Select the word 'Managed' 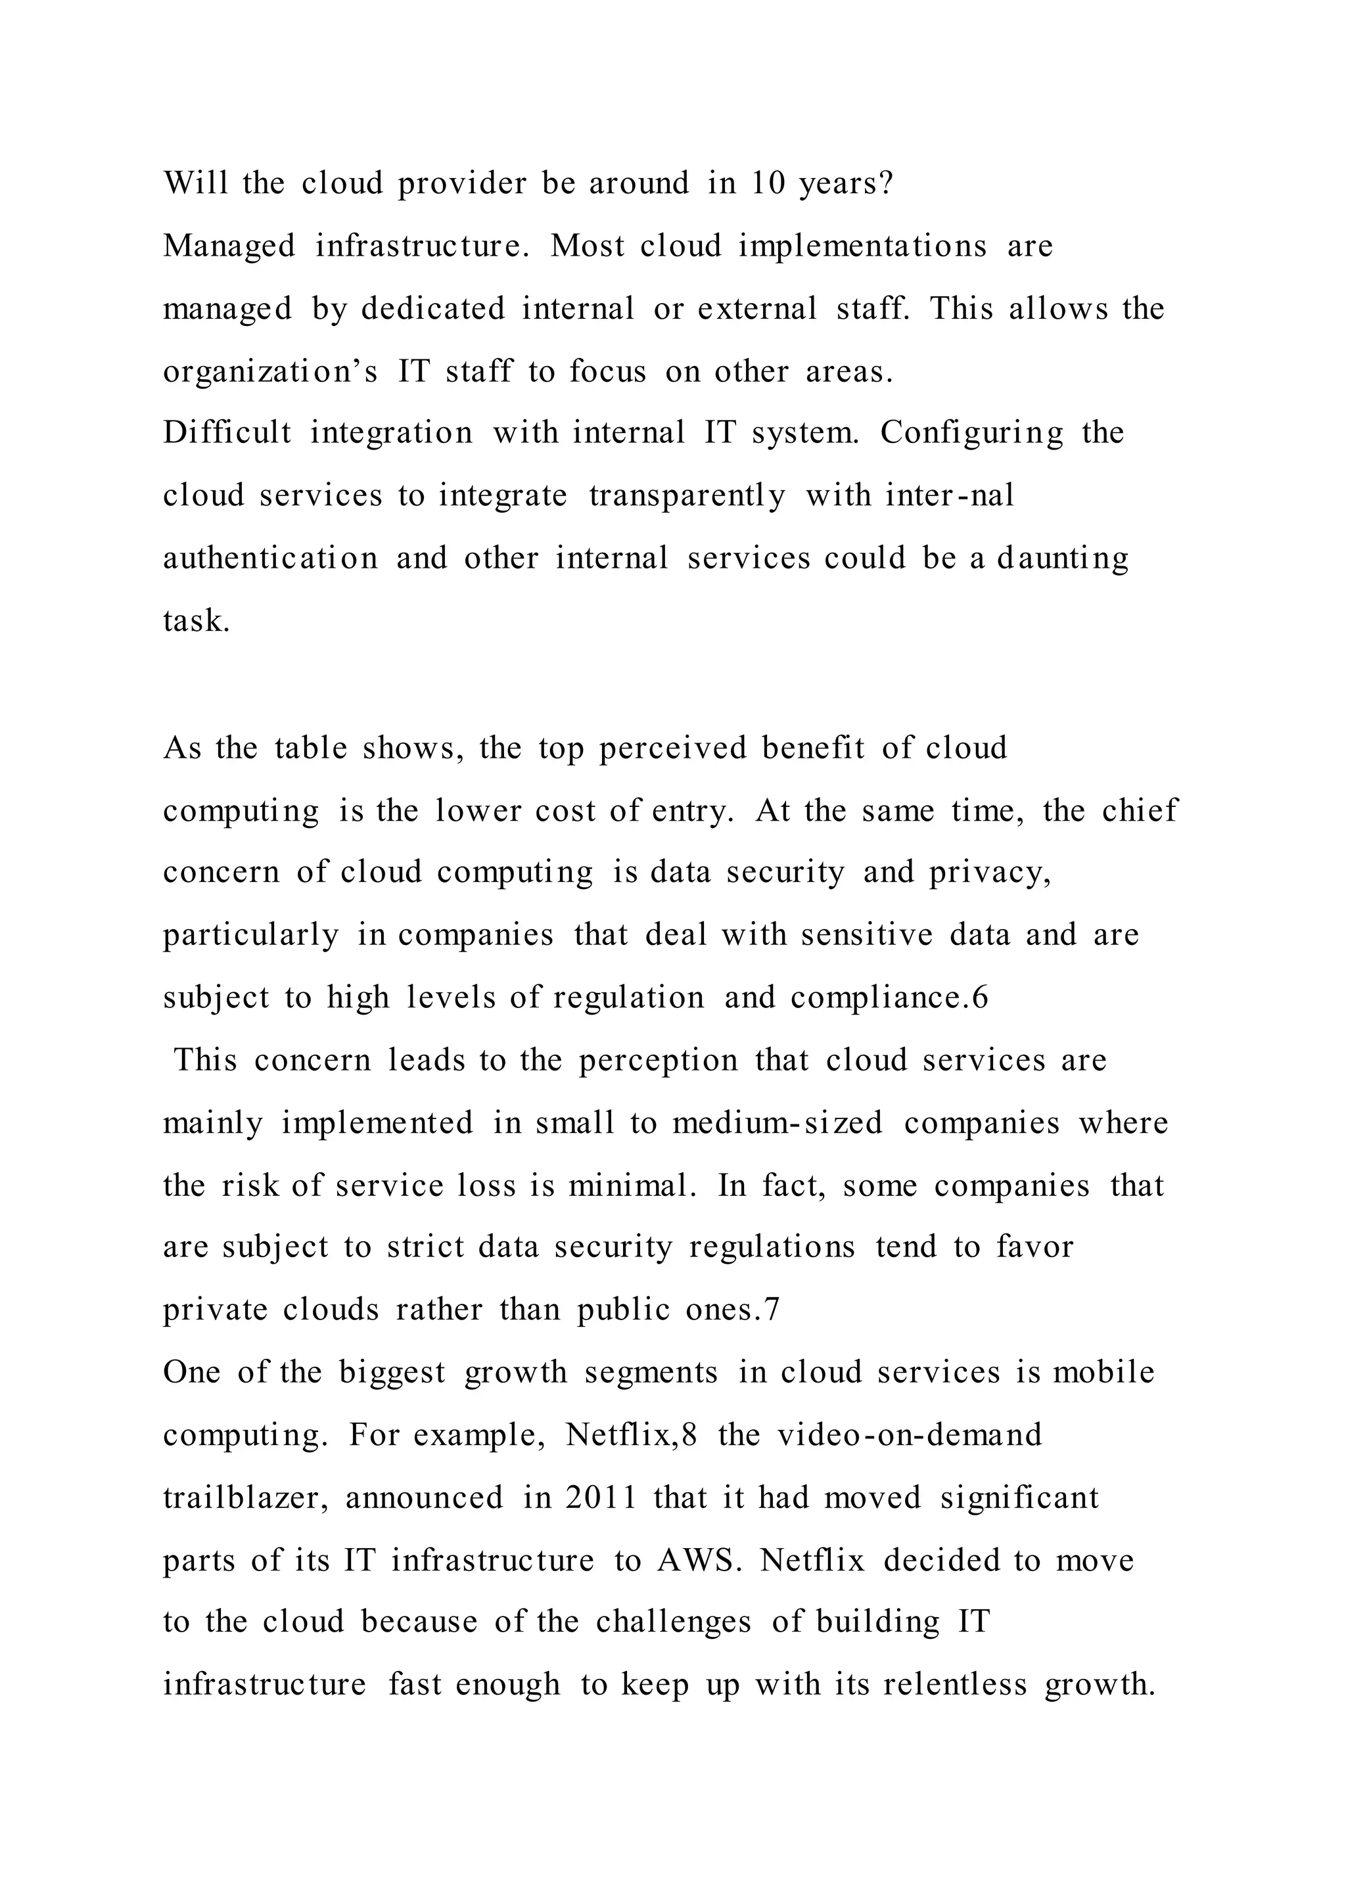pos(229,246)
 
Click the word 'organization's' pos(270,371)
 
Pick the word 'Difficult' pos(227,432)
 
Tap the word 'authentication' pos(270,558)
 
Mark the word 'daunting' pos(1063,558)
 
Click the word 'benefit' pos(813,748)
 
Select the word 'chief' pos(1140,810)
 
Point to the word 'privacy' pos(988,873)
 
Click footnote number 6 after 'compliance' pos(981,997)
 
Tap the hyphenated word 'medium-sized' pos(777,1122)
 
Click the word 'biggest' pos(392,1371)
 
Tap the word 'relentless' pos(955,1684)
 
